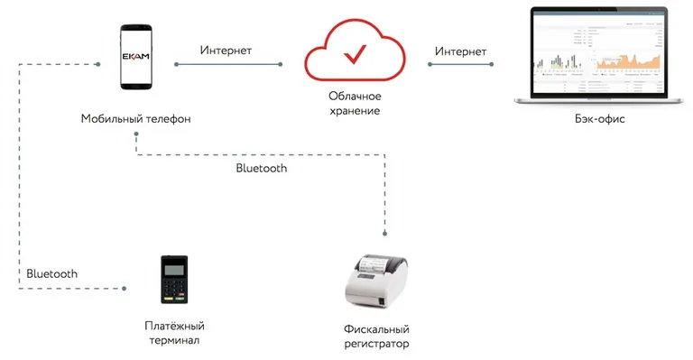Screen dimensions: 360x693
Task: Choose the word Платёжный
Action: [x=175, y=325]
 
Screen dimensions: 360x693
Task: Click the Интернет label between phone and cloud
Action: [x=226, y=51]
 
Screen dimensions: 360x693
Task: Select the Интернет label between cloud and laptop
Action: [x=460, y=51]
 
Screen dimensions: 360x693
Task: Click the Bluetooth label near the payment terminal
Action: [x=51, y=272]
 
